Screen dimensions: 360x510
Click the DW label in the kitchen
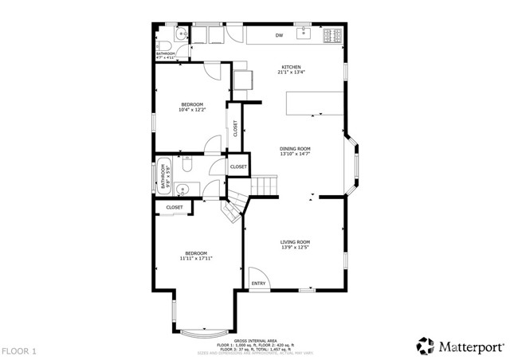[x=280, y=36]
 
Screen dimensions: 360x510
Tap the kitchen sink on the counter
[x=304, y=34]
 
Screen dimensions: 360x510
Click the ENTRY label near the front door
[x=258, y=284]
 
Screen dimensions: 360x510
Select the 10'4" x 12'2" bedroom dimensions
[x=192, y=109]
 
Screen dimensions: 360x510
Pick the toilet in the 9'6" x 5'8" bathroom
[x=186, y=162]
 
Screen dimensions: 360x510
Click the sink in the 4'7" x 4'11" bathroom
[x=182, y=33]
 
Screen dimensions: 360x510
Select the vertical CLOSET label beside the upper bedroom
[x=235, y=128]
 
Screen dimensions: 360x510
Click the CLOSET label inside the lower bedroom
[x=174, y=207]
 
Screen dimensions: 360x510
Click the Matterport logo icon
[x=426, y=346]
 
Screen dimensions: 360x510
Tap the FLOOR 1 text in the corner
[x=19, y=350]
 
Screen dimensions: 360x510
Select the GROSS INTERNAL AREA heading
[x=255, y=338]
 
